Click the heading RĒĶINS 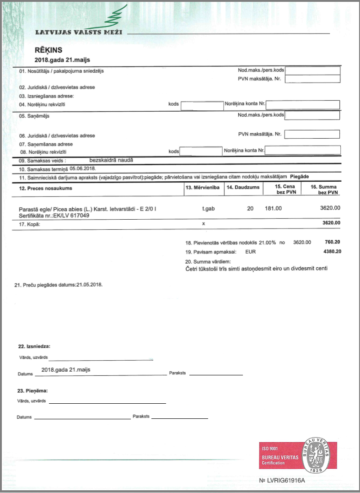[x=48, y=50]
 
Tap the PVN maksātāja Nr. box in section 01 [x=313, y=79]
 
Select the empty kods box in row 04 [x=202, y=106]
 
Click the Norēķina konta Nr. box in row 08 [x=303, y=150]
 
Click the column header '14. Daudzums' [x=243, y=188]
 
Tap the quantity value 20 [x=250, y=208]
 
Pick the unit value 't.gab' [x=209, y=208]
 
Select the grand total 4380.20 [x=332, y=251]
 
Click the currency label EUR [x=251, y=251]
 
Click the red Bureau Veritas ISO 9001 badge [x=298, y=455]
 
